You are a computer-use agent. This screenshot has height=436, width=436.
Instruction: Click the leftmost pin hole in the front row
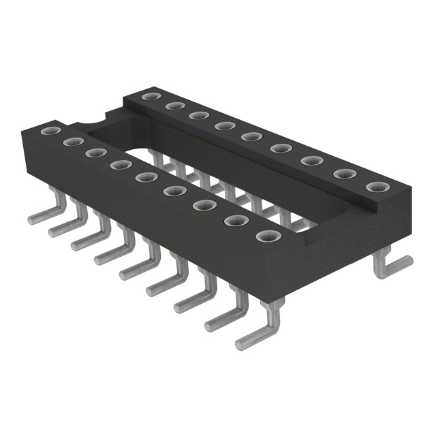48,130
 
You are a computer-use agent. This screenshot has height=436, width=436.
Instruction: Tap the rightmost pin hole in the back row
374,187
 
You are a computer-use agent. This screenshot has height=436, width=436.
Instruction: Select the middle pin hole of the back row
249,136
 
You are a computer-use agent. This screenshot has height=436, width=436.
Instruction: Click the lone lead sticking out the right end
395,265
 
